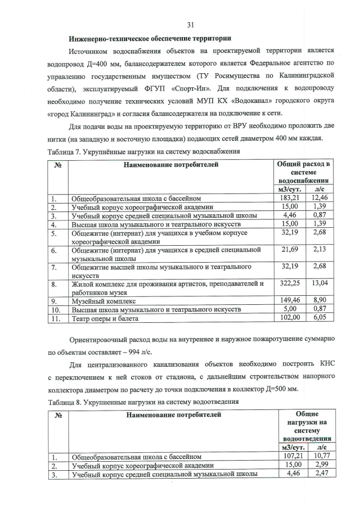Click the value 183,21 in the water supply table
(x=290, y=199)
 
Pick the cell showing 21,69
(x=290, y=249)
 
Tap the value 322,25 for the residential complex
(x=290, y=284)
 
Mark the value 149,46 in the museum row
(x=290, y=301)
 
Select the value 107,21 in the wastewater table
(x=292, y=456)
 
